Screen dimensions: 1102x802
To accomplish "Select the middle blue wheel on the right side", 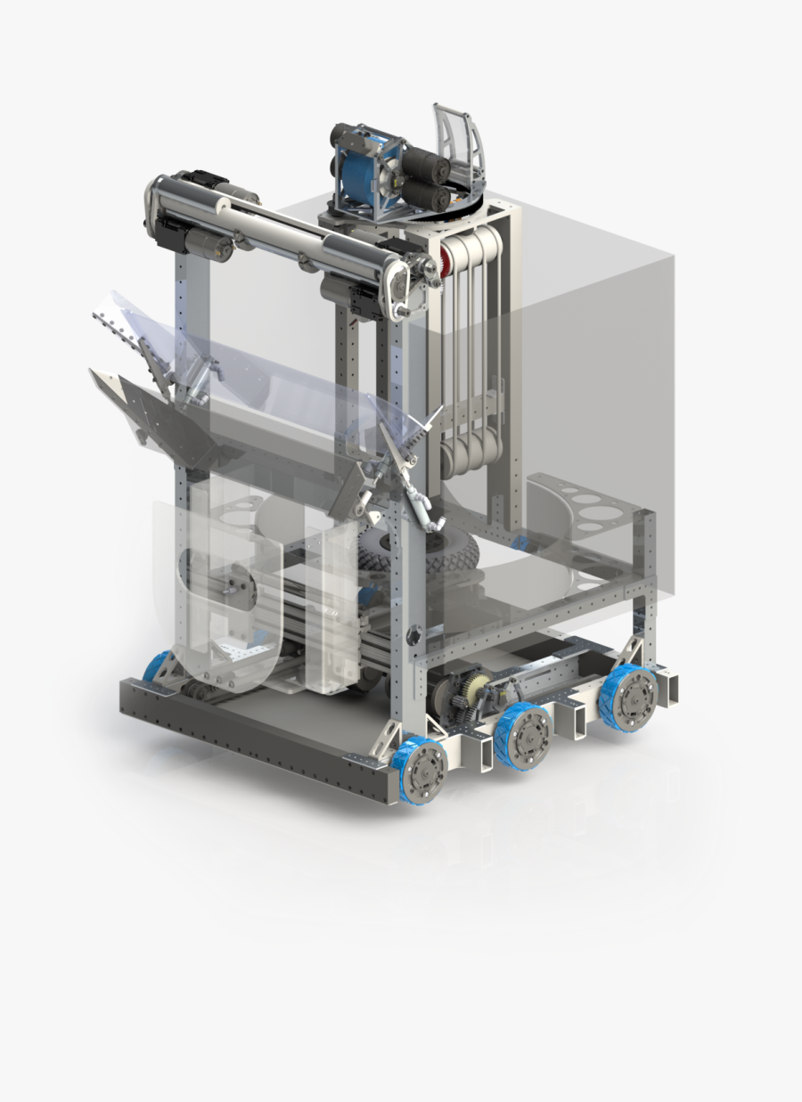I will click(523, 731).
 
